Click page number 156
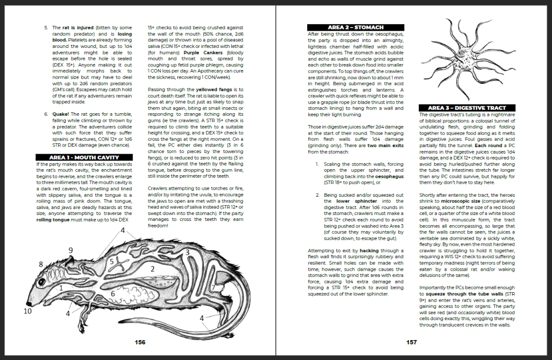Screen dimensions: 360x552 [140, 342]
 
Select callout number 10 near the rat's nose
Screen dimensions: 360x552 [29, 311]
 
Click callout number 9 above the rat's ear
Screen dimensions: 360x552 [71, 250]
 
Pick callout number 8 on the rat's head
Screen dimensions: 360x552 [40, 264]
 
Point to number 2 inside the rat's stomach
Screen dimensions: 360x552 [153, 268]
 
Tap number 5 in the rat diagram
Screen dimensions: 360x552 [111, 262]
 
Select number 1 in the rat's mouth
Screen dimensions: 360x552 [61, 288]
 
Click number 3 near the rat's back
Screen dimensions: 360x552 [187, 252]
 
